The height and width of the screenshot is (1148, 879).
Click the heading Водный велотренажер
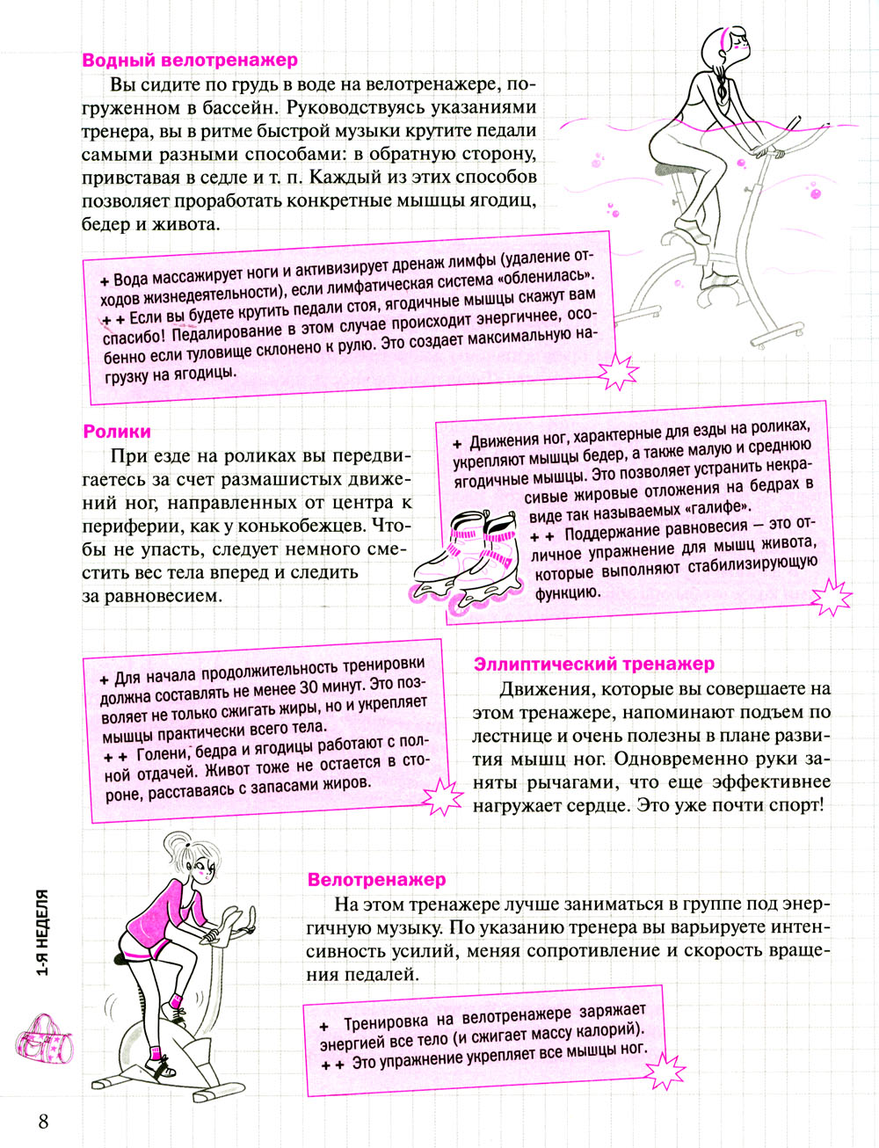click(190, 61)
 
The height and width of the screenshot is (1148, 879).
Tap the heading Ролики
click(117, 432)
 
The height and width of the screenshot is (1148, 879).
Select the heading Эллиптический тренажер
click(594, 664)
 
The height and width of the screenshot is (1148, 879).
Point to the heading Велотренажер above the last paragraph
click(377, 879)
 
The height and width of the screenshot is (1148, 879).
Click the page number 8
click(43, 1122)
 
